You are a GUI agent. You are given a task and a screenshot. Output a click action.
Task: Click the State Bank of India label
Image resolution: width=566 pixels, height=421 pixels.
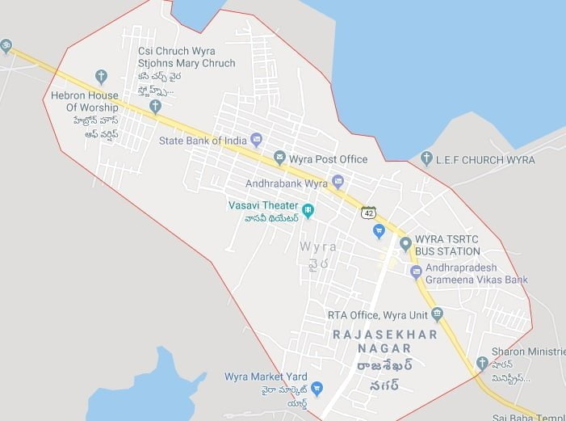(x=202, y=141)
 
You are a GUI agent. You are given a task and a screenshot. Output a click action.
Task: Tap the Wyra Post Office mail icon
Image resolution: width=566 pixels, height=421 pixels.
(x=279, y=158)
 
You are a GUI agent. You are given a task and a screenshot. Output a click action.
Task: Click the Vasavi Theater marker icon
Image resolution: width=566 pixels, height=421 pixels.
(x=308, y=210)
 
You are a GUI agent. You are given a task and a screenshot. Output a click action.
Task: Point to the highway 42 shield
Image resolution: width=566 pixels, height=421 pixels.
(x=368, y=213)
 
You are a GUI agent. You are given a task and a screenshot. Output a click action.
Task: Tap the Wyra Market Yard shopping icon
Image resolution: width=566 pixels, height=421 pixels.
(x=317, y=389)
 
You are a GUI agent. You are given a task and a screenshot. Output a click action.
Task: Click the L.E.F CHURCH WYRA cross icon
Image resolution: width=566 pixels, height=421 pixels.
(x=426, y=159)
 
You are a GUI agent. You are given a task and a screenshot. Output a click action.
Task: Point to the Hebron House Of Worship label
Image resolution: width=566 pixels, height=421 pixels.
(x=85, y=101)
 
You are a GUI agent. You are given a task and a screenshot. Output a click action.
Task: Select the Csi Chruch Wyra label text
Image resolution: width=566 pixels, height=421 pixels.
(x=177, y=51)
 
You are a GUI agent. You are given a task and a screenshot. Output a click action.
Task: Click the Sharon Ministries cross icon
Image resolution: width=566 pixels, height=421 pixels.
(x=482, y=363)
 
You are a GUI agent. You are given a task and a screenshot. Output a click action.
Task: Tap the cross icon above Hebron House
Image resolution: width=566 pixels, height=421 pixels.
(x=101, y=77)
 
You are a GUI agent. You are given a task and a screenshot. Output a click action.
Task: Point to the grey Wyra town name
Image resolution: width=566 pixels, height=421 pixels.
(x=318, y=246)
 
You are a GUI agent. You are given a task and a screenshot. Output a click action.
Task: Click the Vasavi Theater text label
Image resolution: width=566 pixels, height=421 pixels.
(x=262, y=205)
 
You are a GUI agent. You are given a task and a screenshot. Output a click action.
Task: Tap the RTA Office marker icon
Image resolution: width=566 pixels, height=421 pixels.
(x=437, y=314)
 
